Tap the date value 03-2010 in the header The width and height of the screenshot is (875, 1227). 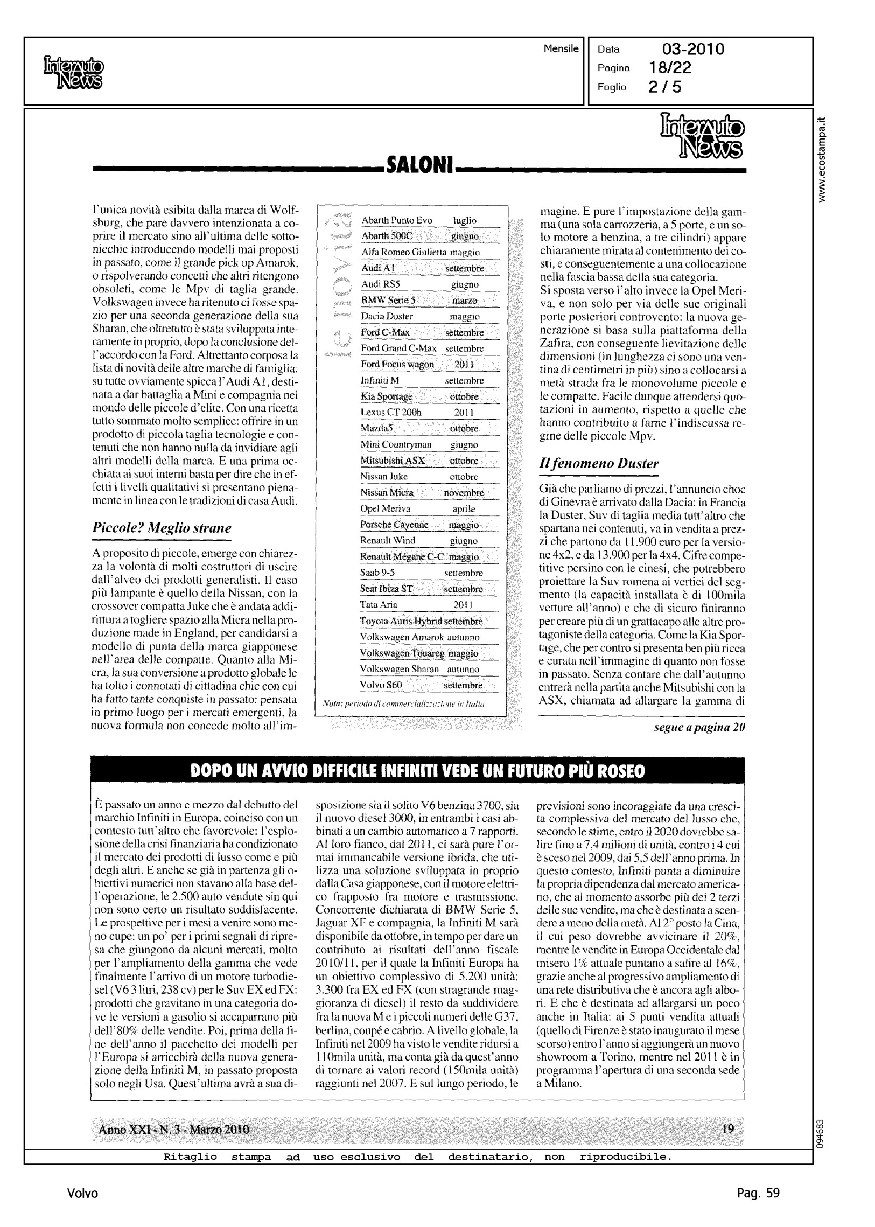click(693, 50)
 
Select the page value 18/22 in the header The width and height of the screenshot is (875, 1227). click(670, 68)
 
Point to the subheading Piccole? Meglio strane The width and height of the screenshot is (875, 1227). click(162, 527)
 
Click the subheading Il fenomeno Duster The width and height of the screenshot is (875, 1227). click(599, 463)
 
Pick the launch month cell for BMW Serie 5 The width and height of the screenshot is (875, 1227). click(465, 300)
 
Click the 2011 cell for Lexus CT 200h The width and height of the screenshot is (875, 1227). click(464, 413)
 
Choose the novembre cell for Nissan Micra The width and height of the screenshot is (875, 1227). click(464, 492)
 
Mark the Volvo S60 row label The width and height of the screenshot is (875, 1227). click(381, 685)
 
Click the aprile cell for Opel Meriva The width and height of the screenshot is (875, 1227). click(464, 508)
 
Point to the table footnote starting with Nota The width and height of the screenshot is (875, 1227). click(403, 705)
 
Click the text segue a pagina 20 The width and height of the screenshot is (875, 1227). click(699, 728)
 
